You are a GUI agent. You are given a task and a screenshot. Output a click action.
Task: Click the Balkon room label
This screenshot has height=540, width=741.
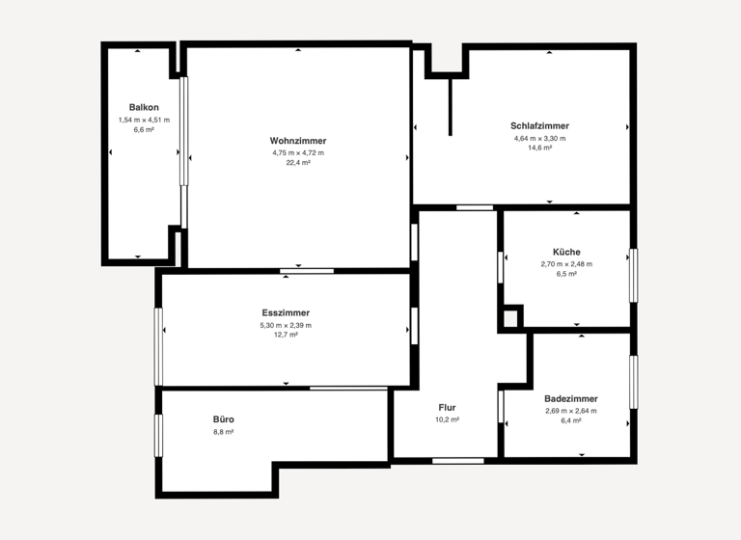[144, 107]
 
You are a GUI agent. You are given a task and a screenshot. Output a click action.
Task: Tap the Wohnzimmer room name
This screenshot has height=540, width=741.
[298, 141]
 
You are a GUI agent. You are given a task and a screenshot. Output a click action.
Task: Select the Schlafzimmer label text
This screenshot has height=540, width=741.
[539, 125]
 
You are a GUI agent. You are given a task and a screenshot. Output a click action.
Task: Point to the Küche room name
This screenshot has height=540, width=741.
[566, 252]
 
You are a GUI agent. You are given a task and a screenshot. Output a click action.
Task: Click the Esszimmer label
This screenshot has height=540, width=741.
[286, 313]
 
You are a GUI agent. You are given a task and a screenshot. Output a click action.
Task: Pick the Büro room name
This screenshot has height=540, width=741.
[224, 419]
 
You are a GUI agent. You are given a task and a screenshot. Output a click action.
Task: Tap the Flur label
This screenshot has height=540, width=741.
[447, 407]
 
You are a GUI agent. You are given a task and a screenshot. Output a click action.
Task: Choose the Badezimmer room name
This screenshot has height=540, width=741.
[570, 398]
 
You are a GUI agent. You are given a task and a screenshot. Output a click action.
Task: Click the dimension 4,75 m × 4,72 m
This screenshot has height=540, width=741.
[298, 152]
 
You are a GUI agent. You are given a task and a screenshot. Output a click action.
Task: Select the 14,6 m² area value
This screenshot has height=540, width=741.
[539, 148]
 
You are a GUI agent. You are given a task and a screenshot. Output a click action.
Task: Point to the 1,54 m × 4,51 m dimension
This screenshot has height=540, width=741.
[144, 120]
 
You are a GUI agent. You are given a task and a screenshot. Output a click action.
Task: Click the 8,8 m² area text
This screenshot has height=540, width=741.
[224, 432]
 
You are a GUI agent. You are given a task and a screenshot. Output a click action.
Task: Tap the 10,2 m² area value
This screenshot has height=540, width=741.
[447, 419]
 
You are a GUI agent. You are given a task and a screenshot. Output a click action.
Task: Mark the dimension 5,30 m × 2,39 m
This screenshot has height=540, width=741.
[286, 325]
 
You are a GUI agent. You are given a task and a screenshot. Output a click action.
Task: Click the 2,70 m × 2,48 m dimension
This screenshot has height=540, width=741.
[566, 263]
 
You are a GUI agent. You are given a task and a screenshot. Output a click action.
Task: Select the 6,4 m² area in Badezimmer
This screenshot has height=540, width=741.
[570, 420]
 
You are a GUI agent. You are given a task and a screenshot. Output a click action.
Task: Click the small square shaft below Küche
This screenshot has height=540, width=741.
[510, 318]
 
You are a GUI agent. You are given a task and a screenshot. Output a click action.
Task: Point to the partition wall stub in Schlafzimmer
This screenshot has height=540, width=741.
[450, 106]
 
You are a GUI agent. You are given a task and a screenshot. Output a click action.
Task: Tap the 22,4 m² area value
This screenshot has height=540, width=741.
[298, 163]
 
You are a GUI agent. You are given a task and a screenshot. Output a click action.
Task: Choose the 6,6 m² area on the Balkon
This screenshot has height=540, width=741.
[144, 129]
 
